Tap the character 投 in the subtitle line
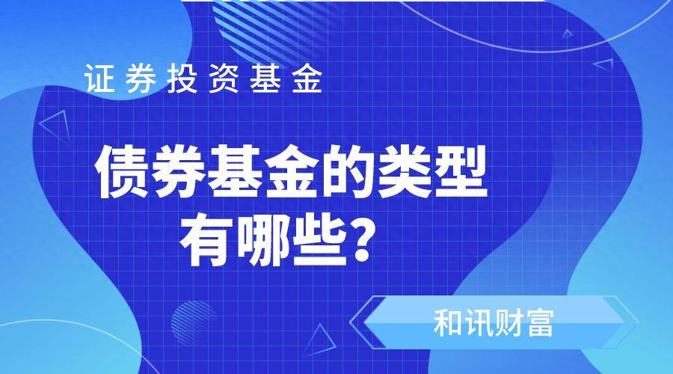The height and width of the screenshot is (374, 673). (182, 78)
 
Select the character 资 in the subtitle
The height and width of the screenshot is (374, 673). (224, 78)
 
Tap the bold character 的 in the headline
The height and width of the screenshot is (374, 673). (349, 172)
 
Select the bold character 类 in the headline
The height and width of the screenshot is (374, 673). (405, 172)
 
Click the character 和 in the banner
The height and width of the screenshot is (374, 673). (448, 323)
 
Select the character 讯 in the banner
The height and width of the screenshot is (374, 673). (478, 323)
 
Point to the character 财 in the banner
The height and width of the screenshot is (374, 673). (508, 323)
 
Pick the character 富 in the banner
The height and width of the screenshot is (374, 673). (539, 323)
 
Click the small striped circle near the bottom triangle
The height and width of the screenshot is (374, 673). (194, 323)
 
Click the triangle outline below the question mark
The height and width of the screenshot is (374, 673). (320, 340)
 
